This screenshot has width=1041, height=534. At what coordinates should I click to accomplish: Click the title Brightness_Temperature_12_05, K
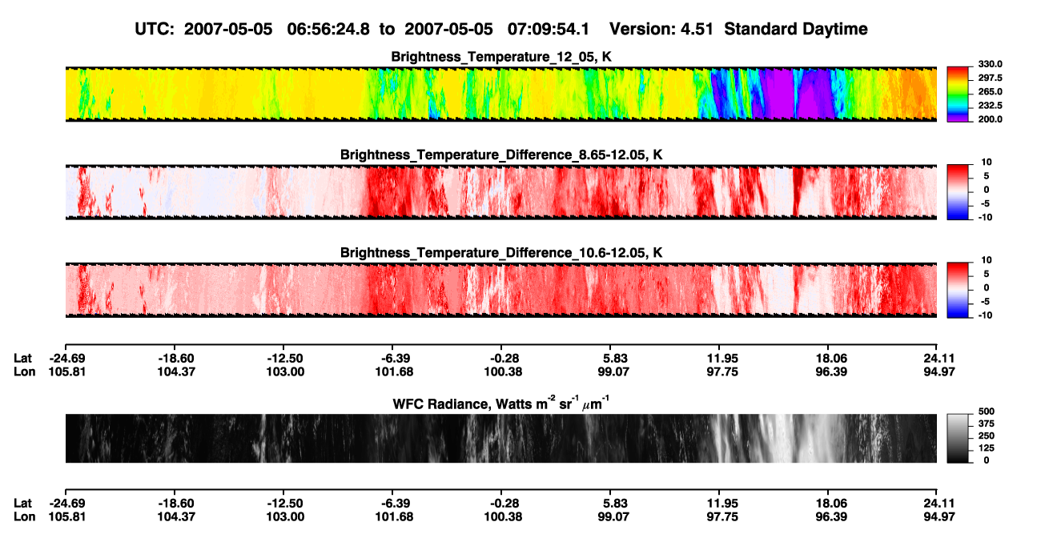click(501, 57)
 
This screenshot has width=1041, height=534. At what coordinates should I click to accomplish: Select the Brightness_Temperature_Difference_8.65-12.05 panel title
click(501, 155)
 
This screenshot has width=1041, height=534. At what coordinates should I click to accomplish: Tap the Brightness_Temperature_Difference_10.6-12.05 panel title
click(501, 253)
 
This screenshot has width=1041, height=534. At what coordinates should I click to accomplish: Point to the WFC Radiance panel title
click(501, 403)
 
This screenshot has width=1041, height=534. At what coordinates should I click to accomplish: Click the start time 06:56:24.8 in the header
click(328, 29)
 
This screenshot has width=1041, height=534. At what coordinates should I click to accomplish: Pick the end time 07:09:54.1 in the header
click(549, 29)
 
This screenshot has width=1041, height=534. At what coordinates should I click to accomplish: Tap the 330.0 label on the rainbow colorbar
click(990, 64)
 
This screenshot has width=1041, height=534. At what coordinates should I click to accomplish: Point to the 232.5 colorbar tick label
click(990, 106)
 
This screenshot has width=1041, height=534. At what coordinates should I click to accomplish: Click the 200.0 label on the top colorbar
click(990, 119)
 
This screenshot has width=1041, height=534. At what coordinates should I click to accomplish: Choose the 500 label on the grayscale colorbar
click(987, 412)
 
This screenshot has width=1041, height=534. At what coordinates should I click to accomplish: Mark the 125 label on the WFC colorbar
click(987, 448)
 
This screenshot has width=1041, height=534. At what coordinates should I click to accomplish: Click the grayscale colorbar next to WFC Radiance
click(958, 438)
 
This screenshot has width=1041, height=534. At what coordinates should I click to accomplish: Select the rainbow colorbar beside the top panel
click(958, 94)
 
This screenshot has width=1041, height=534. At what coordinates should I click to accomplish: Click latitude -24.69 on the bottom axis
click(67, 504)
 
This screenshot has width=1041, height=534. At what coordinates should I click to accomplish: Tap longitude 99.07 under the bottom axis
click(613, 517)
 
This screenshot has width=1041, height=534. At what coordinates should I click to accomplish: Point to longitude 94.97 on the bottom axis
click(939, 517)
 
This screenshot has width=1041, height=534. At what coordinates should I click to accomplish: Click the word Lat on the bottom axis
click(22, 504)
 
